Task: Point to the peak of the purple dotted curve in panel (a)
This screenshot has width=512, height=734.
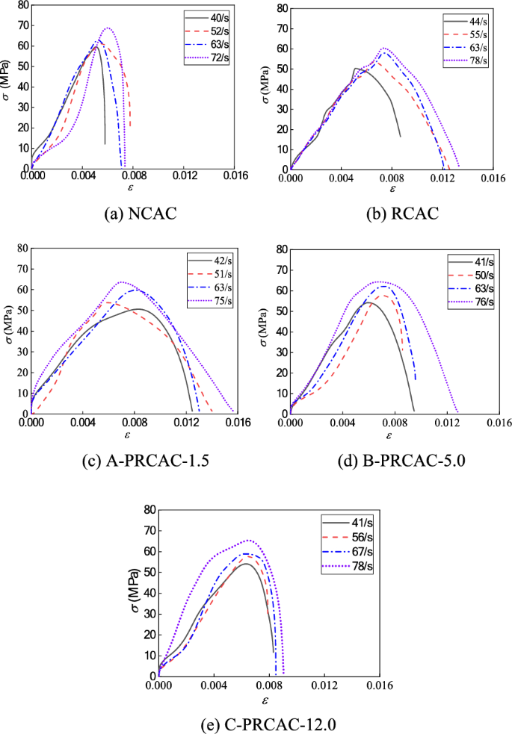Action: [108, 28]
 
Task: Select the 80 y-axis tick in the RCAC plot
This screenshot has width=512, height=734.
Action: [282, 8]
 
